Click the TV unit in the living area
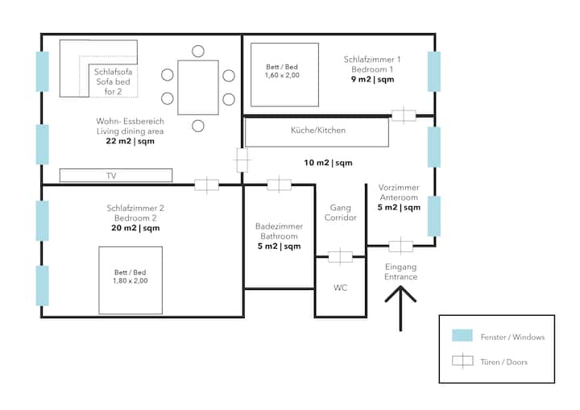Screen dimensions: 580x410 click(x=116, y=176)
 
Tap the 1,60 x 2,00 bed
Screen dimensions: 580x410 click(x=285, y=75)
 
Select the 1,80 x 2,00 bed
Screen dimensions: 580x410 click(x=130, y=280)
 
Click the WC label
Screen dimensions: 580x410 click(x=340, y=288)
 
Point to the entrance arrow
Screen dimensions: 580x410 click(x=400, y=309)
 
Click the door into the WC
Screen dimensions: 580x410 click(x=340, y=256)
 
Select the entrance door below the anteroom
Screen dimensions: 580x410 click(x=400, y=246)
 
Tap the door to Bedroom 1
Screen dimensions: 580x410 click(x=404, y=115)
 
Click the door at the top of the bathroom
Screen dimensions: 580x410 click(x=279, y=184)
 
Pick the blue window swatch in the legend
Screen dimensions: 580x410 click(x=462, y=335)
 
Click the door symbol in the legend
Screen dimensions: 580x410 click(x=462, y=361)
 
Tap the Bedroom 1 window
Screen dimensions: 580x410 click(x=434, y=72)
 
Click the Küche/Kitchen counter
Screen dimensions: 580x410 click(x=317, y=132)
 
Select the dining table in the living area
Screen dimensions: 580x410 click(x=198, y=87)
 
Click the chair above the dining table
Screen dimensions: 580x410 click(x=198, y=51)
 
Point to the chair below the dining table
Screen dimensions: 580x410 click(x=198, y=126)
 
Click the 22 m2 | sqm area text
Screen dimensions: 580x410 click(x=130, y=141)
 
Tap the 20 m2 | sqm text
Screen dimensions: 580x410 click(x=136, y=228)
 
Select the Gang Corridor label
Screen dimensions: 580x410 click(x=340, y=213)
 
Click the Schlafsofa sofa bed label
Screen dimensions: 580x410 click(x=113, y=81)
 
